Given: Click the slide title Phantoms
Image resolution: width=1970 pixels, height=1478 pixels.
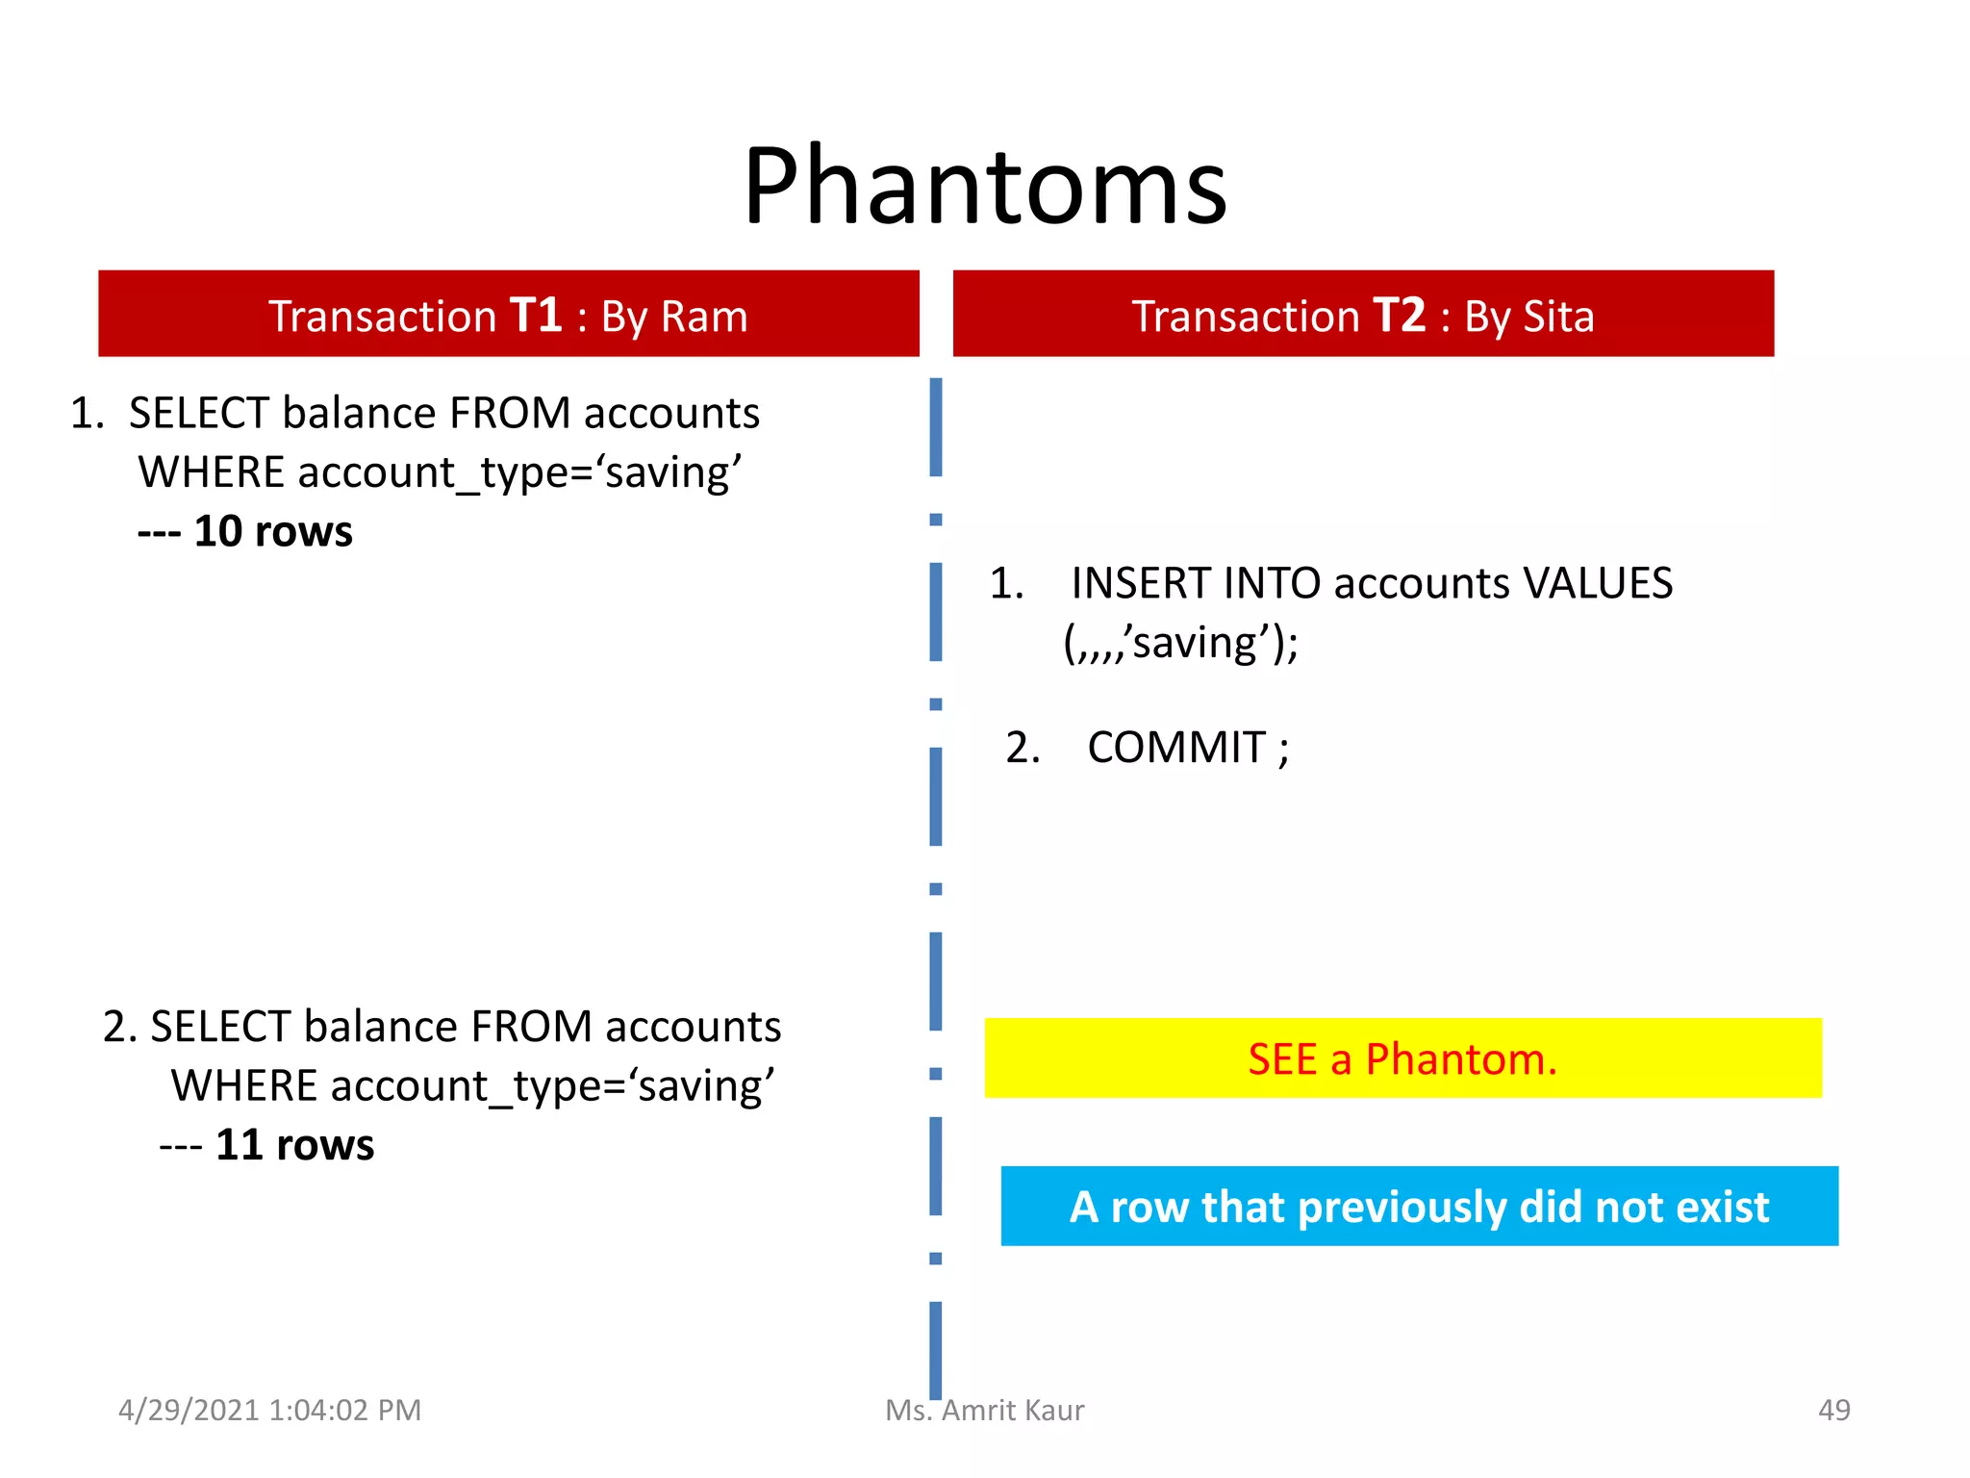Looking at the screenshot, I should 985,186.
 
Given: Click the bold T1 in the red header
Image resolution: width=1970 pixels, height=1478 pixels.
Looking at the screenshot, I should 535,316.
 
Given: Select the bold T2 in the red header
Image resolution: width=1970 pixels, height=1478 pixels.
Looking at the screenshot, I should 1399,316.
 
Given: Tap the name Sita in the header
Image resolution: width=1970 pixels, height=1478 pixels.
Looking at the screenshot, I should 1558,317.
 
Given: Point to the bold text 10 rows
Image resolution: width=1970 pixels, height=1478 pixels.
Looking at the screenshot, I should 272,531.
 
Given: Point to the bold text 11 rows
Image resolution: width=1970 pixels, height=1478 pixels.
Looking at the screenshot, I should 294,1145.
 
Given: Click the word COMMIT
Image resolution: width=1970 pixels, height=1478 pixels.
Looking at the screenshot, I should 1175,748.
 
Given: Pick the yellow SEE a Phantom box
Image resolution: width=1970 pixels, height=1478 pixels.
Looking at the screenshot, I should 1402,1058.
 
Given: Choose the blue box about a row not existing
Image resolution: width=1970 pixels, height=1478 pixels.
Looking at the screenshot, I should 1419,1207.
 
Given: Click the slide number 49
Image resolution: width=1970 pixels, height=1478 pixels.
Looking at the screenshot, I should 1833,1410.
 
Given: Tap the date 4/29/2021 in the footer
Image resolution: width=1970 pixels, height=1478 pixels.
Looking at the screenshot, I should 189,1410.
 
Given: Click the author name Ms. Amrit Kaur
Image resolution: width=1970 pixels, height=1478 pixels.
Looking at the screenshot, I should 984,1410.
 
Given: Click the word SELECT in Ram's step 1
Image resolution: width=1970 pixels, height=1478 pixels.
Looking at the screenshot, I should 198,414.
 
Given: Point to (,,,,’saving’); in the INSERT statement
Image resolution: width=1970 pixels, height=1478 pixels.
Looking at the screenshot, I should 1180,643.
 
